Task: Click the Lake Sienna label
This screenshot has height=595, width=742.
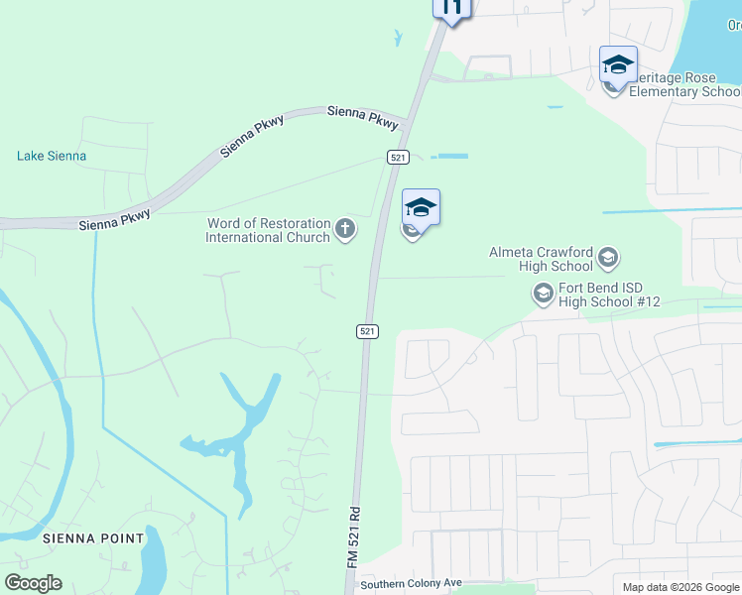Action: click(x=52, y=156)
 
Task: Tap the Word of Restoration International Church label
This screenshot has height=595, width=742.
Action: click(x=268, y=230)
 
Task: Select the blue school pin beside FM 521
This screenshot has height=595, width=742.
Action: click(x=421, y=209)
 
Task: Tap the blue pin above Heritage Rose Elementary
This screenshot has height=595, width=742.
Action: click(x=618, y=66)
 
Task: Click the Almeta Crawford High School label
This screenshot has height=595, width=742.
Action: click(x=541, y=259)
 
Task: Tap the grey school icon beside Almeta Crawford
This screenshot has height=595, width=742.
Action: click(x=607, y=260)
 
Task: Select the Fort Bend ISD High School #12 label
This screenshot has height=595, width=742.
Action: click(x=609, y=295)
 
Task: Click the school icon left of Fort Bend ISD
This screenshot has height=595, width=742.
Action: click(x=543, y=294)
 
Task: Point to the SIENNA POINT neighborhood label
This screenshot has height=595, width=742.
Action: click(x=93, y=538)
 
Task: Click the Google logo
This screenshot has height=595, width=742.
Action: click(x=33, y=583)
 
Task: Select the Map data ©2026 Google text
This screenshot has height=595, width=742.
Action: click(x=680, y=587)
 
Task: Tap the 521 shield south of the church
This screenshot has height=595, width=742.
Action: click(x=367, y=331)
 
